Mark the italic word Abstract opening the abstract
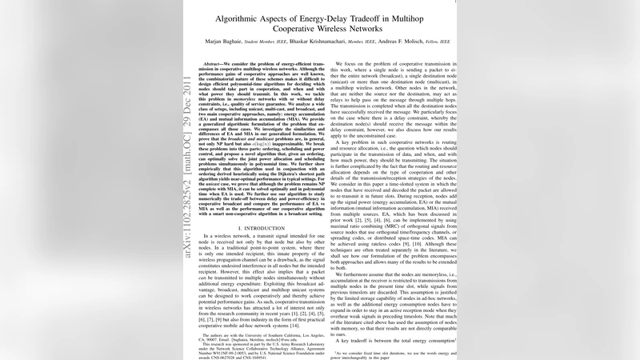click(x=214, y=63)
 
